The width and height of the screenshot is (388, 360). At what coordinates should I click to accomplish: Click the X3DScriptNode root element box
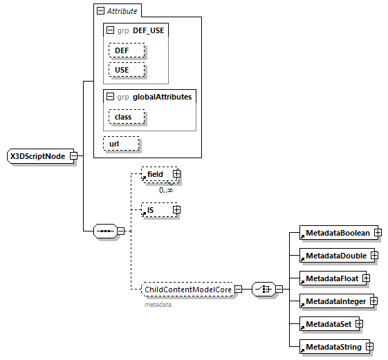(x=37, y=156)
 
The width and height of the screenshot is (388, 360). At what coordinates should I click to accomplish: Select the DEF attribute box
(x=126, y=51)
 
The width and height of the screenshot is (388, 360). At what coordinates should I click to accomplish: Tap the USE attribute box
(x=126, y=70)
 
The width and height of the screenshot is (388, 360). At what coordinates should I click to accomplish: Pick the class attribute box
(x=126, y=117)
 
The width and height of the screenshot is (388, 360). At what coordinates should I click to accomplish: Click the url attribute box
(x=121, y=143)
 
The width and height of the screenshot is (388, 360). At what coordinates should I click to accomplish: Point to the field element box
(x=156, y=175)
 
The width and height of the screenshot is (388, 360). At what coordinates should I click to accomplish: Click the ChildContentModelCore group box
(x=187, y=290)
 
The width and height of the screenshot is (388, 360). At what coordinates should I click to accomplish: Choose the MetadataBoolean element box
(x=337, y=233)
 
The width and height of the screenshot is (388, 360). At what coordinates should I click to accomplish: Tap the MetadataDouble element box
(x=335, y=255)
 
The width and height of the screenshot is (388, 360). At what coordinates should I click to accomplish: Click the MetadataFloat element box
(x=331, y=278)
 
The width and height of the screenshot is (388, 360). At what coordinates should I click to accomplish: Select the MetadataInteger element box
(x=335, y=301)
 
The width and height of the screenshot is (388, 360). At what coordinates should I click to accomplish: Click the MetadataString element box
(x=333, y=346)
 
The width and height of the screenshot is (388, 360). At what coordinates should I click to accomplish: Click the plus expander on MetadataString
(x=370, y=346)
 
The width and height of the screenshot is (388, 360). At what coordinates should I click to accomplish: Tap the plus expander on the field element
(x=176, y=175)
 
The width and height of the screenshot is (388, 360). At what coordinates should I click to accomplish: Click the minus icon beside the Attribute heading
(x=101, y=11)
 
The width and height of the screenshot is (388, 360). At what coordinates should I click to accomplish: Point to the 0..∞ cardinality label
(x=166, y=189)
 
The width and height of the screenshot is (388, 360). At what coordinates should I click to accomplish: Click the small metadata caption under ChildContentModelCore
(x=158, y=304)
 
